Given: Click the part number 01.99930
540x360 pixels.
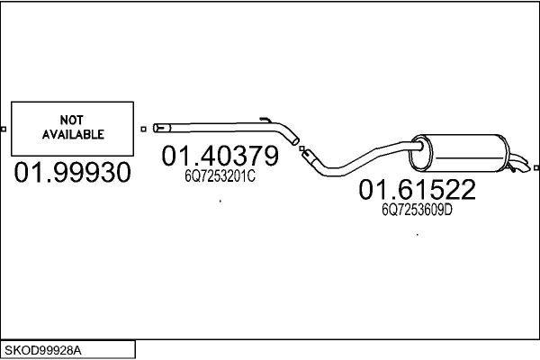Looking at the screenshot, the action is [72, 172].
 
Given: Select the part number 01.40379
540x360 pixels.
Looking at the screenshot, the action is [220, 156].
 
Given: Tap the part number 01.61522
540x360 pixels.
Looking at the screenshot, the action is [417, 189].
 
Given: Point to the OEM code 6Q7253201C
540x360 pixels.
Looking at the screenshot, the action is [220, 176].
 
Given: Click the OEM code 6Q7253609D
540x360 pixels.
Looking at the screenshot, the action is [417, 210].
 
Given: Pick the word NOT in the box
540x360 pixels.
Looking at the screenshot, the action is [72, 120].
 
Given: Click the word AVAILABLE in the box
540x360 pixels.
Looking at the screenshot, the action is [73, 134].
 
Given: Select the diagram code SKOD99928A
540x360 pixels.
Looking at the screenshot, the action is [43, 351].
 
